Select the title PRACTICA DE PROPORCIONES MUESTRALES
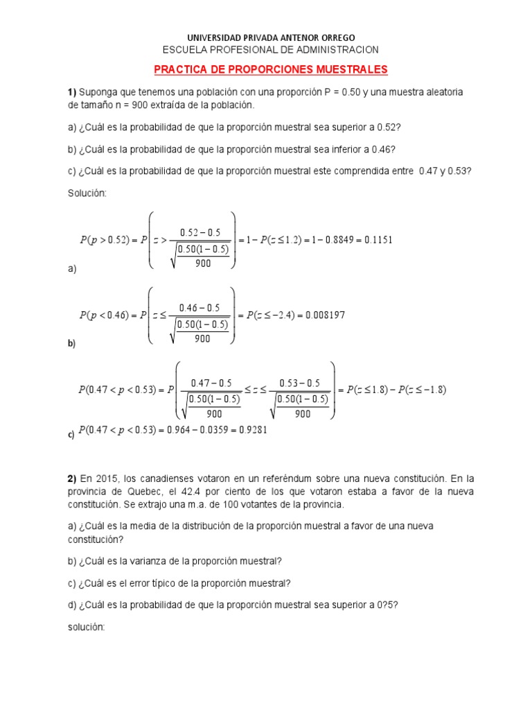(x=270, y=70)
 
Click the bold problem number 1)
(x=72, y=93)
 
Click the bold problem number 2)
(x=72, y=479)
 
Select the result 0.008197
(x=322, y=315)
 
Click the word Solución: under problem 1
(x=87, y=193)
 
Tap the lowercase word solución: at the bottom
(x=86, y=626)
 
